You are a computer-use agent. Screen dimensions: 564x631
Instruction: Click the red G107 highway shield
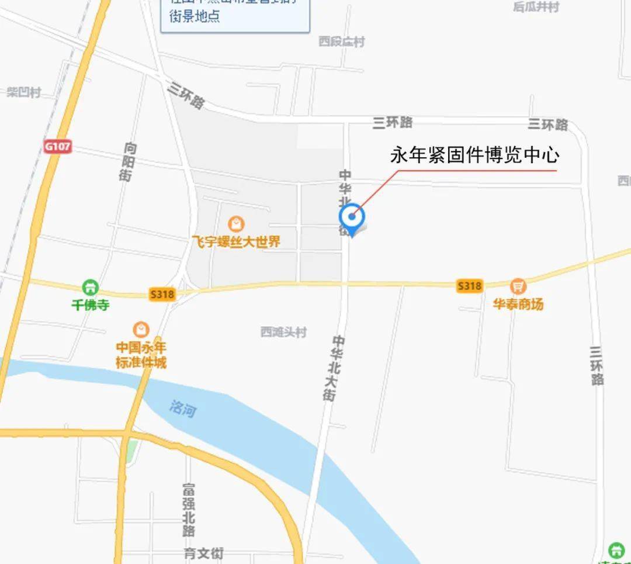(x=57, y=146)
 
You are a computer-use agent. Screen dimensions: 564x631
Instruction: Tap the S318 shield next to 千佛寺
(x=162, y=294)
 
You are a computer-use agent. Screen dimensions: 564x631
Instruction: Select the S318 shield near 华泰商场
(x=469, y=285)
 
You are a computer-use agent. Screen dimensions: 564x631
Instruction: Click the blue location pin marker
(x=352, y=217)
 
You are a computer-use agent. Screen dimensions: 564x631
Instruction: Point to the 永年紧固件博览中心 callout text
(x=474, y=155)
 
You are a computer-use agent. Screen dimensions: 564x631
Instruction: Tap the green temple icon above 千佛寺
(x=90, y=287)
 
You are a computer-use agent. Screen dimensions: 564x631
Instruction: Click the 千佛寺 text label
(x=90, y=305)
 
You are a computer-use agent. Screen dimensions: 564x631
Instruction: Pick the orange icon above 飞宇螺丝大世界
(x=236, y=224)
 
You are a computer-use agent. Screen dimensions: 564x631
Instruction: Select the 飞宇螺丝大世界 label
(x=236, y=241)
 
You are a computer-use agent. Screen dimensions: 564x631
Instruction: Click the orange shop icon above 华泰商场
(x=518, y=286)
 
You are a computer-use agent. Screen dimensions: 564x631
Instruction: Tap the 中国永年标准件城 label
(x=141, y=355)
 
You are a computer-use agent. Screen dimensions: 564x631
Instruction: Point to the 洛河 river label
(x=182, y=409)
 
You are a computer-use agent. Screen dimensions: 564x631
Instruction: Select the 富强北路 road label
(x=188, y=509)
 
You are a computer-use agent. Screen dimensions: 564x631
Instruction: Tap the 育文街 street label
(x=203, y=553)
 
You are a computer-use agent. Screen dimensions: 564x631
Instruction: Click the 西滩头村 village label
(x=283, y=332)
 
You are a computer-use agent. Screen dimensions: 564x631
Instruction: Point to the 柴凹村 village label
(x=24, y=92)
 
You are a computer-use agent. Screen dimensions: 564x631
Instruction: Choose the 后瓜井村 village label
(x=536, y=7)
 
